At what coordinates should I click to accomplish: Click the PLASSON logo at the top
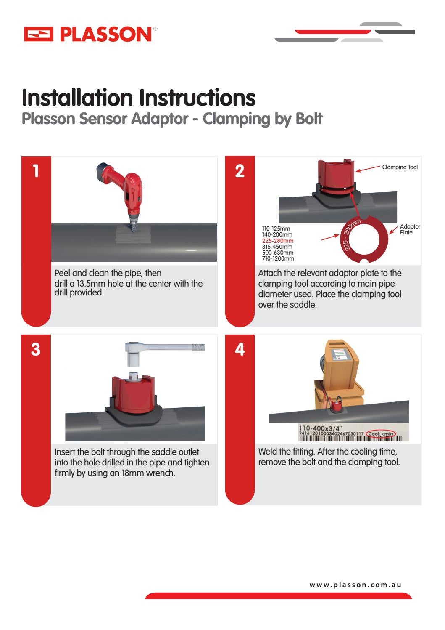pos(90,34)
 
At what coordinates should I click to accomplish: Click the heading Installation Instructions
pos(139,98)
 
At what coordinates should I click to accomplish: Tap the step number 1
pos(36,171)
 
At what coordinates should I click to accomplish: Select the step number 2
pos(240,171)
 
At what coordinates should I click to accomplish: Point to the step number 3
pos(36,349)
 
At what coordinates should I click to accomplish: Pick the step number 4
pos(240,349)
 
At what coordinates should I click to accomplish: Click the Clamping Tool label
pos(400,167)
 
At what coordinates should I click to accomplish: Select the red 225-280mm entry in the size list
pos(278,241)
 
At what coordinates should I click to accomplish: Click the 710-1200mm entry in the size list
pos(278,258)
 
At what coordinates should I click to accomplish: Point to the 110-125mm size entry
pos(276,229)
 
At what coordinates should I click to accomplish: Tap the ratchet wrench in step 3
pos(164,349)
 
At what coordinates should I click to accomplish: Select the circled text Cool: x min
pos(381,434)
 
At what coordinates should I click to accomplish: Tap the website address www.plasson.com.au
pos(355,585)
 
